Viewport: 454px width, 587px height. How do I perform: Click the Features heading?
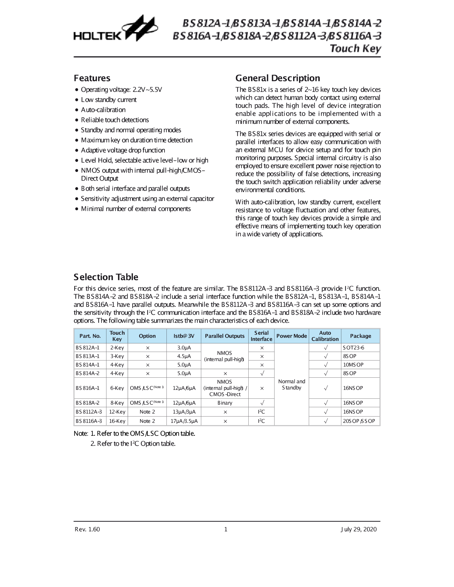click(92, 78)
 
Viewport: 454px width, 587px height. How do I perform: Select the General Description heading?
click(277, 78)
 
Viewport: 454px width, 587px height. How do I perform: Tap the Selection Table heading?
click(106, 277)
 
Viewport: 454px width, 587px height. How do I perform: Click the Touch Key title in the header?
click(355, 48)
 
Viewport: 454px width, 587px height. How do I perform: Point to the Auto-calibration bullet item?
click(103, 110)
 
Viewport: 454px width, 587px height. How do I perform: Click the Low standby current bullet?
click(109, 100)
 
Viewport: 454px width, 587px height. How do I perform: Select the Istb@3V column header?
click(184, 336)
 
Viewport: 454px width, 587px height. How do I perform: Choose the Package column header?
click(360, 336)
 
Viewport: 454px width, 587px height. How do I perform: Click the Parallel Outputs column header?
click(225, 336)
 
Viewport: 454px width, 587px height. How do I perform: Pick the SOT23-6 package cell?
click(353, 348)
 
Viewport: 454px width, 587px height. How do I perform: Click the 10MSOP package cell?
click(353, 365)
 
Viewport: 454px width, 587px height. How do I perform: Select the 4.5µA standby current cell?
click(184, 356)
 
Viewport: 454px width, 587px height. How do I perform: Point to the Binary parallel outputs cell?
click(225, 403)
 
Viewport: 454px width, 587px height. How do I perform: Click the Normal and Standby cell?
click(291, 385)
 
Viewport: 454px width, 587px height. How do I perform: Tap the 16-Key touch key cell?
click(117, 421)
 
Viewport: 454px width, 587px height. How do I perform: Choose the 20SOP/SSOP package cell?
click(359, 421)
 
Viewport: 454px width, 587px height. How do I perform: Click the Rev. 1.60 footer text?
click(88, 529)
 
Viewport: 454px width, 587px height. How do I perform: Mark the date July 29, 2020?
click(358, 529)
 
